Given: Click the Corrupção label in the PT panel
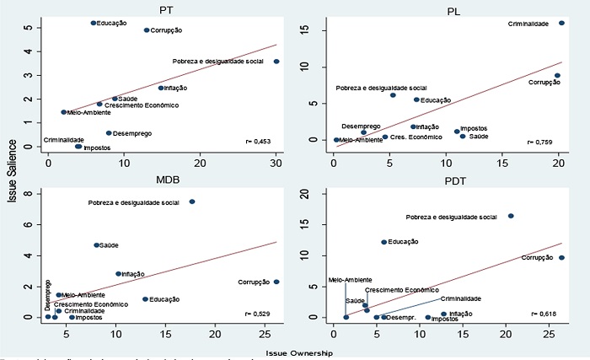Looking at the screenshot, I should [166, 30].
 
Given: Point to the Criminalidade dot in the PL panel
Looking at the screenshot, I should [561, 24].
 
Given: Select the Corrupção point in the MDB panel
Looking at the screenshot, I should [276, 282].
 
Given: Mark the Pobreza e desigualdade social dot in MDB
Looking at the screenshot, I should [192, 202].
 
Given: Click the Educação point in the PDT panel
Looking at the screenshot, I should [384, 242].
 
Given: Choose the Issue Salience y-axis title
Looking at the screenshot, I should [10, 169].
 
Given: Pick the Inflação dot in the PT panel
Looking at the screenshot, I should [161, 88].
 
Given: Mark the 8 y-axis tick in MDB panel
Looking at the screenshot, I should [36, 194].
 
